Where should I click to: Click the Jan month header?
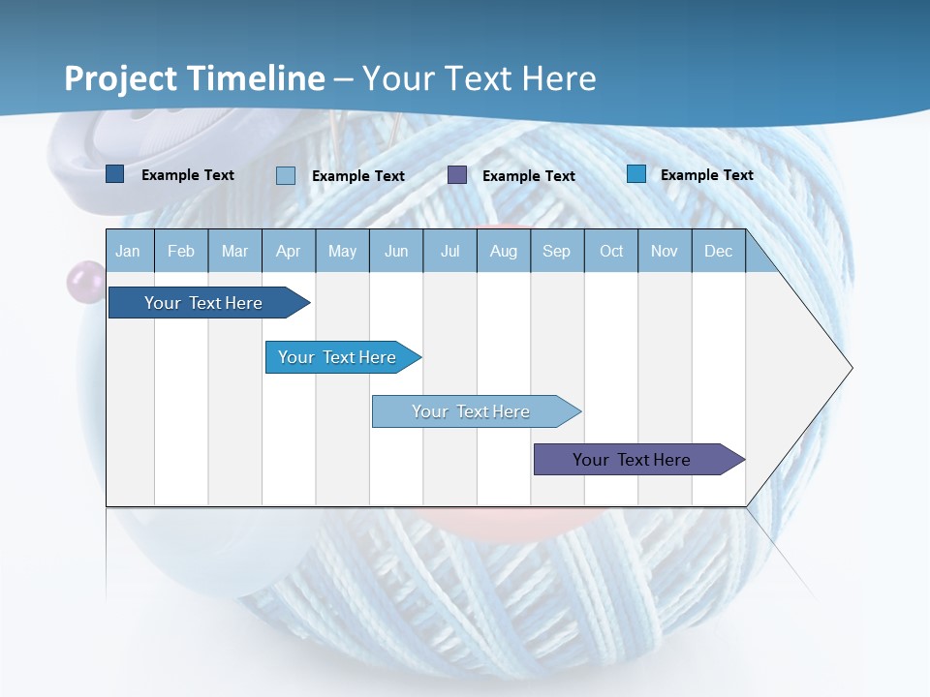128,251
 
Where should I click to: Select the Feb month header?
181,251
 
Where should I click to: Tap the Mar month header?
234,251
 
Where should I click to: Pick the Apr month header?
289,251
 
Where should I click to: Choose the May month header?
342,251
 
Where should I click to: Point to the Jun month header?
396,251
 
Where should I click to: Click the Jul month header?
449,251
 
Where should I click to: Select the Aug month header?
504,251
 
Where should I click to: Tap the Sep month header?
557,251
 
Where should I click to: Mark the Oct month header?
611,251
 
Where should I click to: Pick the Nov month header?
665,251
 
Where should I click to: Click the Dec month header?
719,251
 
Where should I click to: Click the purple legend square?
457,175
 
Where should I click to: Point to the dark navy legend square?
115,174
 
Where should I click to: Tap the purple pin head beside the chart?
84,282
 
